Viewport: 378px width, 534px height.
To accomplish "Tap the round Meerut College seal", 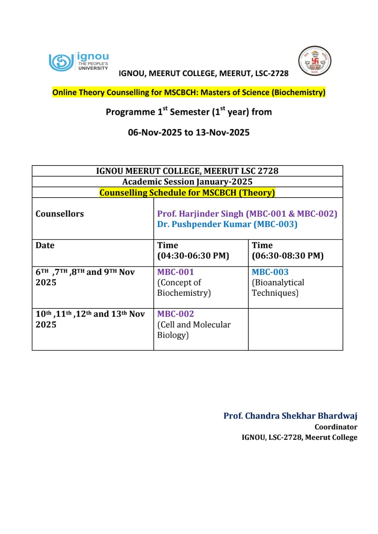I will [314, 61].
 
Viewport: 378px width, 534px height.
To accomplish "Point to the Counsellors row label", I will [60, 214].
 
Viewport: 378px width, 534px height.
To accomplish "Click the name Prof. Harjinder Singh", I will [200, 214].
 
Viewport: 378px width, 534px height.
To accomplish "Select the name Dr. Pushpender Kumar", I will [204, 224].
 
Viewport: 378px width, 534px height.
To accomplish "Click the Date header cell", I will [45, 245].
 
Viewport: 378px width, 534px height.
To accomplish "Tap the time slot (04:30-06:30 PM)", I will [193, 256].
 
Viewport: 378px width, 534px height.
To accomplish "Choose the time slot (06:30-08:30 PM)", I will [288, 256].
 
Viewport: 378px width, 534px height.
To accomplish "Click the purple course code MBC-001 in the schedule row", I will [175, 272].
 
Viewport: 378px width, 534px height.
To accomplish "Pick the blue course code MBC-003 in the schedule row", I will [270, 272].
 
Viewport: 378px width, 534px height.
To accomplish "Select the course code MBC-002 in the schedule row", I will [175, 314].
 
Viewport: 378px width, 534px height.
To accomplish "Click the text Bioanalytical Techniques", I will [278, 288].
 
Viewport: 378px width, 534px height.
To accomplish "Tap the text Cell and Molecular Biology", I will [194, 330].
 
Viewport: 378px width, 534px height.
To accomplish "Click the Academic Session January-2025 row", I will [187, 182].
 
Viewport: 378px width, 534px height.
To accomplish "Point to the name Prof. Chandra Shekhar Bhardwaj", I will [290, 416].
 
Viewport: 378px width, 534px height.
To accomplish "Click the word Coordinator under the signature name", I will [336, 427].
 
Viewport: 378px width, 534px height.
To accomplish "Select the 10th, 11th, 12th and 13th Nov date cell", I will [90, 319].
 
